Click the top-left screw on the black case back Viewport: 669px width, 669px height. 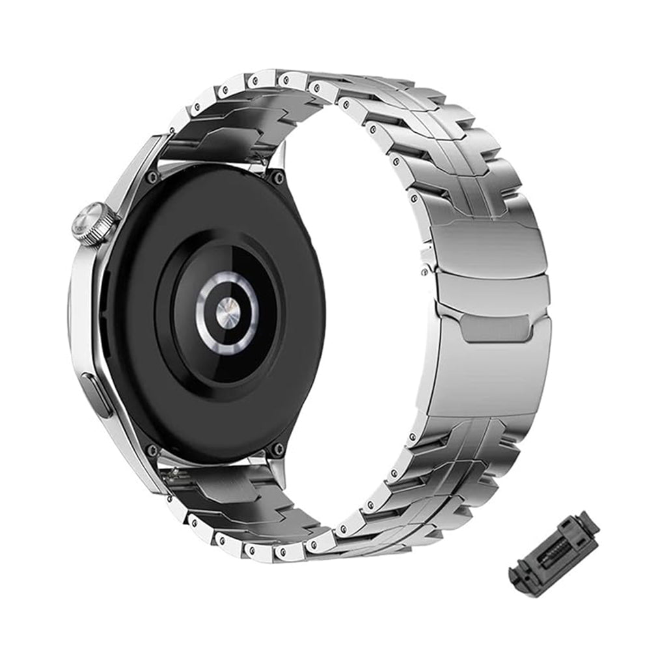[152, 177]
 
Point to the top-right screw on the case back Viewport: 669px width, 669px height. [278, 177]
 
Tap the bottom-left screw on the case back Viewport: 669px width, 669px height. [152, 450]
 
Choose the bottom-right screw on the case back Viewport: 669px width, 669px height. [278, 448]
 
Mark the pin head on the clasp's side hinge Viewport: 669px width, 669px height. [426, 267]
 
